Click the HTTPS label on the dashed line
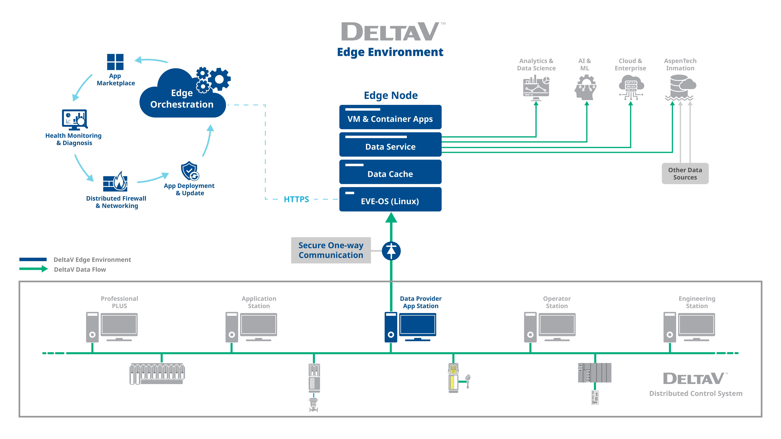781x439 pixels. click(296, 199)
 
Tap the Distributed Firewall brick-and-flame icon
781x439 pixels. click(115, 182)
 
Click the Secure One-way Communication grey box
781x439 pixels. click(331, 250)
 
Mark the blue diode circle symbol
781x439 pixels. click(391, 251)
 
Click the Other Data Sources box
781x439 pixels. click(685, 174)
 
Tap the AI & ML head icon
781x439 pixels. click(585, 88)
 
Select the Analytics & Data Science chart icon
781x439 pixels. click(536, 88)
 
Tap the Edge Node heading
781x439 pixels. click(390, 95)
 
